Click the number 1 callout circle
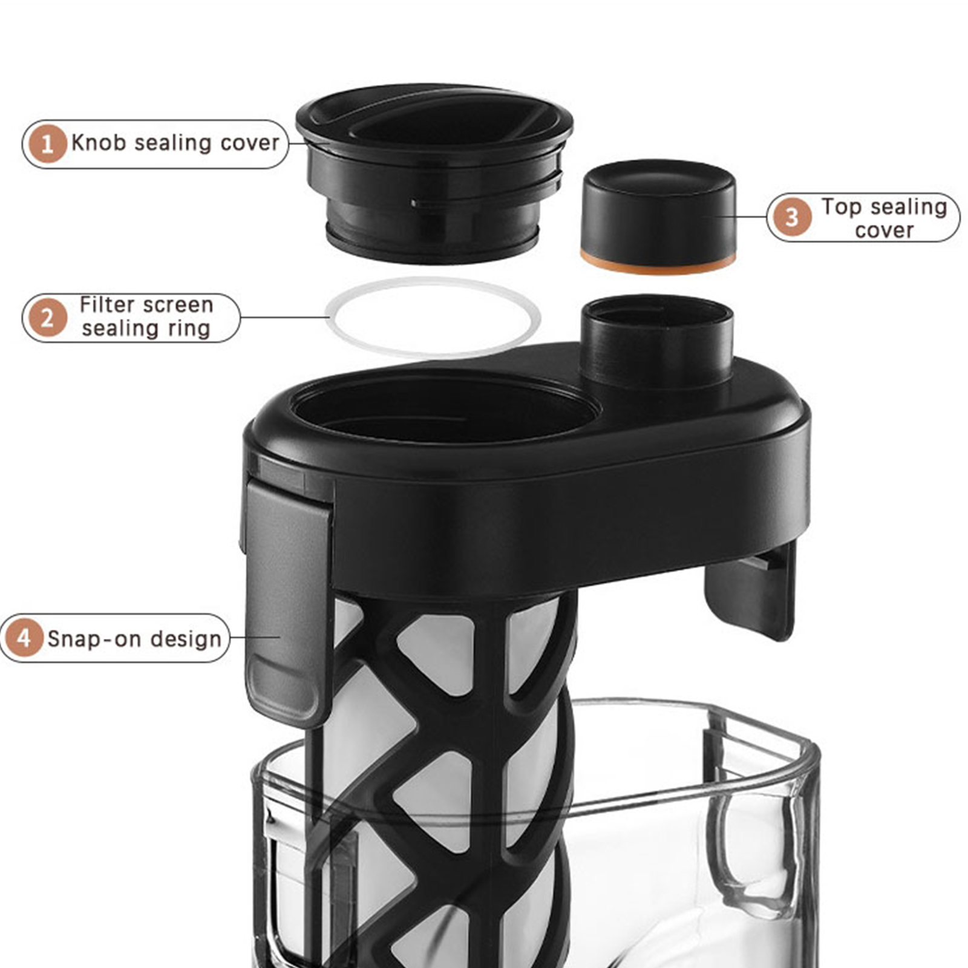(47, 144)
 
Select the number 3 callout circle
(792, 217)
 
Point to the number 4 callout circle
(24, 638)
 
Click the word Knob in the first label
(99, 143)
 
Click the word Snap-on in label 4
(94, 639)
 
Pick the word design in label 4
(186, 639)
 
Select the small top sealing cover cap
(658, 215)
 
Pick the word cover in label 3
(884, 231)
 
